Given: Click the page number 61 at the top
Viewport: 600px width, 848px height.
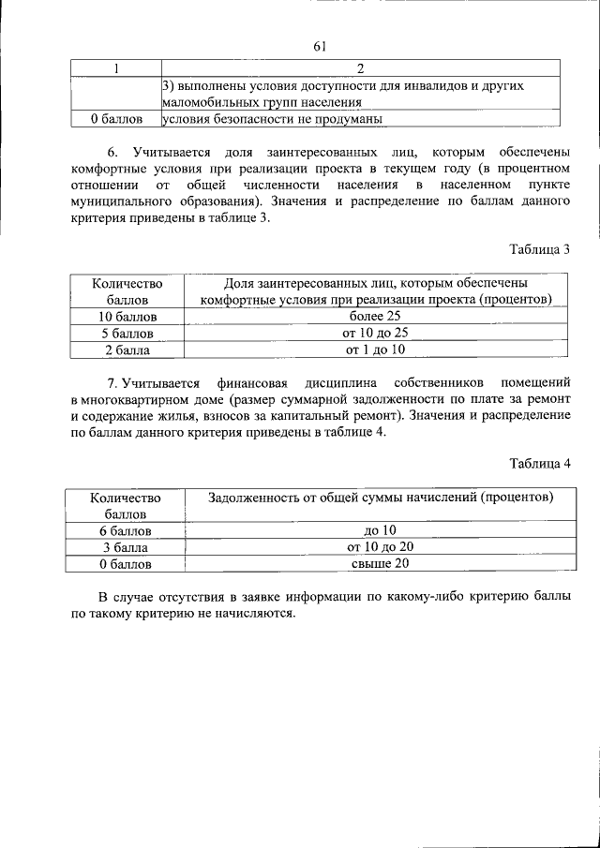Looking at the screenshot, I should tap(319, 47).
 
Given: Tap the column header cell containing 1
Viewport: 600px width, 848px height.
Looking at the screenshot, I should tap(116, 68).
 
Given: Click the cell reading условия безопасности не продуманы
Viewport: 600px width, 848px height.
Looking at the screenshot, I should tap(273, 119).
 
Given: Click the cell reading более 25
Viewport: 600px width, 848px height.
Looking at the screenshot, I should tap(374, 317).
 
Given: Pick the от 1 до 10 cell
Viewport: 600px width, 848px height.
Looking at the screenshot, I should tap(375, 350).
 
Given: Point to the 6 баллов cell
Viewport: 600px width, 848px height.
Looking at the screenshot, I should tap(126, 530).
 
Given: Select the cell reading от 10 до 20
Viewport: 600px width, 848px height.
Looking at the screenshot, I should tap(380, 546).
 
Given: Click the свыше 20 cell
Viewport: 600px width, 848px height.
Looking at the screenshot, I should tap(380, 563).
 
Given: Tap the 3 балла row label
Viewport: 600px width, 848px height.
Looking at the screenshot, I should tap(126, 547).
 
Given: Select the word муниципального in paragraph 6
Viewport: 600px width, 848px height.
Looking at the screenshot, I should tap(118, 201).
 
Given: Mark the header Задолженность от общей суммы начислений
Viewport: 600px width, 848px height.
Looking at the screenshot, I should tap(380, 497).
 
